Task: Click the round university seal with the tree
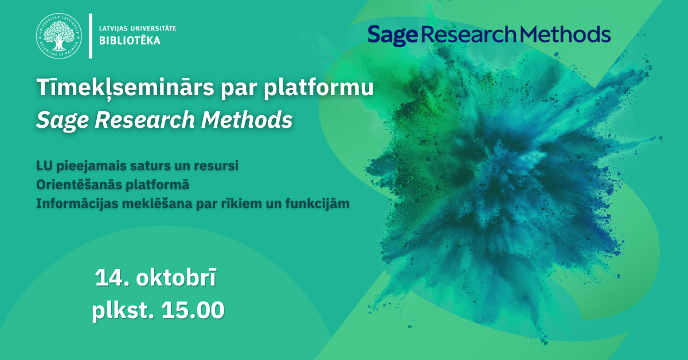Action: click(59, 36)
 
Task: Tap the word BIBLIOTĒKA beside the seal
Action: click(130, 41)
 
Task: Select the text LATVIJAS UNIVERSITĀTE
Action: click(137, 29)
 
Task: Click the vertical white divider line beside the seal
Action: click(91, 36)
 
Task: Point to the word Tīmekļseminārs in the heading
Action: click(126, 88)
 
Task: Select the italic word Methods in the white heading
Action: click(247, 119)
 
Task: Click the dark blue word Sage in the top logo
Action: click(393, 36)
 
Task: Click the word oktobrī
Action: click(176, 277)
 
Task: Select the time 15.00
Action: click(193, 310)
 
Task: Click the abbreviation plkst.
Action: click(123, 311)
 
